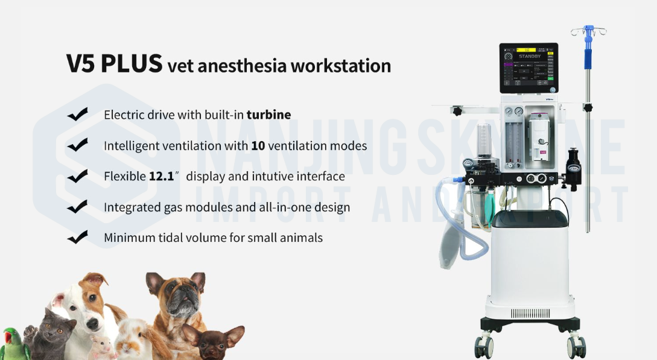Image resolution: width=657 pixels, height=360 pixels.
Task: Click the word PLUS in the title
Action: pos(132,64)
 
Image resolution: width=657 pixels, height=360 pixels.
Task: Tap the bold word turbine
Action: pos(268,115)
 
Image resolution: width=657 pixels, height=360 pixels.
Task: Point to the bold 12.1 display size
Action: pos(161,177)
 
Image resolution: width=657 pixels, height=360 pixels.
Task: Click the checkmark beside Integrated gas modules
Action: pos(78,207)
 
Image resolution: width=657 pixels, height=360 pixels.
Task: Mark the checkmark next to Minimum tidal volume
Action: pos(78,237)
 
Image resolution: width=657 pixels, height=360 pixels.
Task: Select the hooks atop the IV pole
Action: pos(588,30)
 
